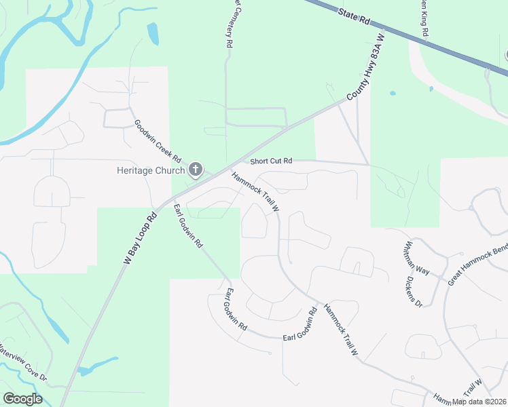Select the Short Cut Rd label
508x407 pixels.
point(271,161)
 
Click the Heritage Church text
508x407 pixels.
point(150,170)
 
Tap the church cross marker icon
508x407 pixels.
point(196,170)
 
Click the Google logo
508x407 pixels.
point(22,399)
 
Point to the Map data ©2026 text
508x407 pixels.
point(479,402)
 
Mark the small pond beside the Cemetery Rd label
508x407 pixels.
point(152,33)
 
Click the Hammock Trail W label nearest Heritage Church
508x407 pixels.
point(255,191)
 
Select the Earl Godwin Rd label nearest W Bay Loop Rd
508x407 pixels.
point(187,225)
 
